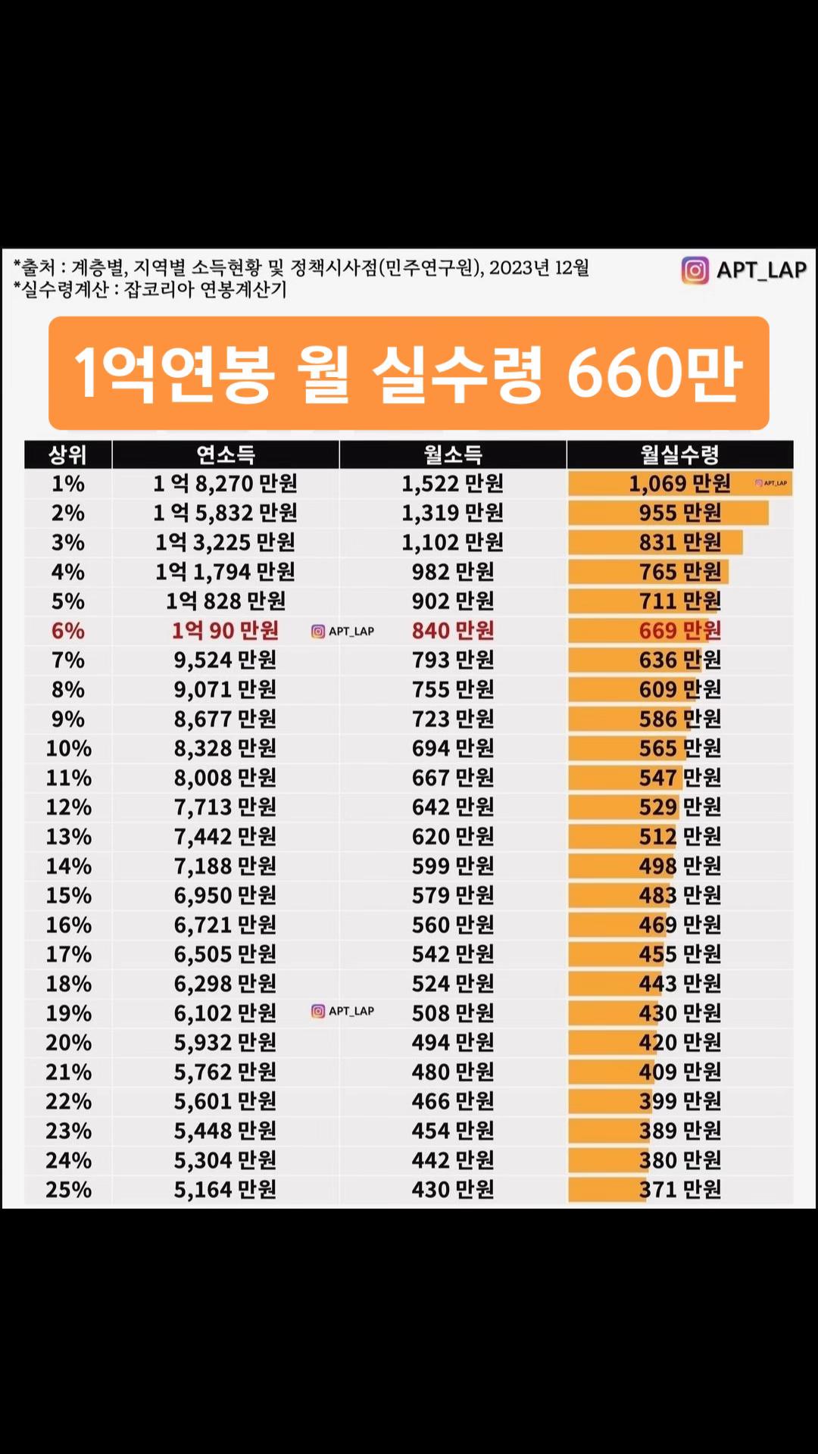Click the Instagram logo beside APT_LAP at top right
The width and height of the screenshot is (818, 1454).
point(695,270)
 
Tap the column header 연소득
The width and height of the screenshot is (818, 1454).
point(226,455)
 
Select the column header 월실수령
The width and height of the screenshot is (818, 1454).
point(679,455)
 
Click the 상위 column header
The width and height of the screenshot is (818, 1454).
point(67,455)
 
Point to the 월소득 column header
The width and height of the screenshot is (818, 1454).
point(453,455)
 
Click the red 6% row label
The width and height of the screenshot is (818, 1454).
point(67,631)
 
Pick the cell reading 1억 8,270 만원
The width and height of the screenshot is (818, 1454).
point(225,483)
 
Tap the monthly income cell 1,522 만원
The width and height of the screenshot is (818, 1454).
point(452,483)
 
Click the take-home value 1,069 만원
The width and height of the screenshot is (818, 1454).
point(679,483)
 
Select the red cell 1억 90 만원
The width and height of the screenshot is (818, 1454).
point(225,631)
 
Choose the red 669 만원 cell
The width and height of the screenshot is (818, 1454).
point(679,631)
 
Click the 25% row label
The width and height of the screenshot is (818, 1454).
point(68,1190)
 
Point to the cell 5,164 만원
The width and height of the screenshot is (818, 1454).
point(225,1190)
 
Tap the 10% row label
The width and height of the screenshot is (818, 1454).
point(68,748)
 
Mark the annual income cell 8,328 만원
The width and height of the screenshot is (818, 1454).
point(225,748)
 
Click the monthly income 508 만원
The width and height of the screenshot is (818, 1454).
point(452,1012)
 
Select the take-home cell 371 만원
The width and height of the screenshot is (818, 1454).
point(679,1190)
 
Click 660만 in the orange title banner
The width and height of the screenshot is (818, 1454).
point(654,373)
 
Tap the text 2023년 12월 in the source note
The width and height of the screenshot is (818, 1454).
point(539,267)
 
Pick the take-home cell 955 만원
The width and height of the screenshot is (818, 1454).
point(679,513)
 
